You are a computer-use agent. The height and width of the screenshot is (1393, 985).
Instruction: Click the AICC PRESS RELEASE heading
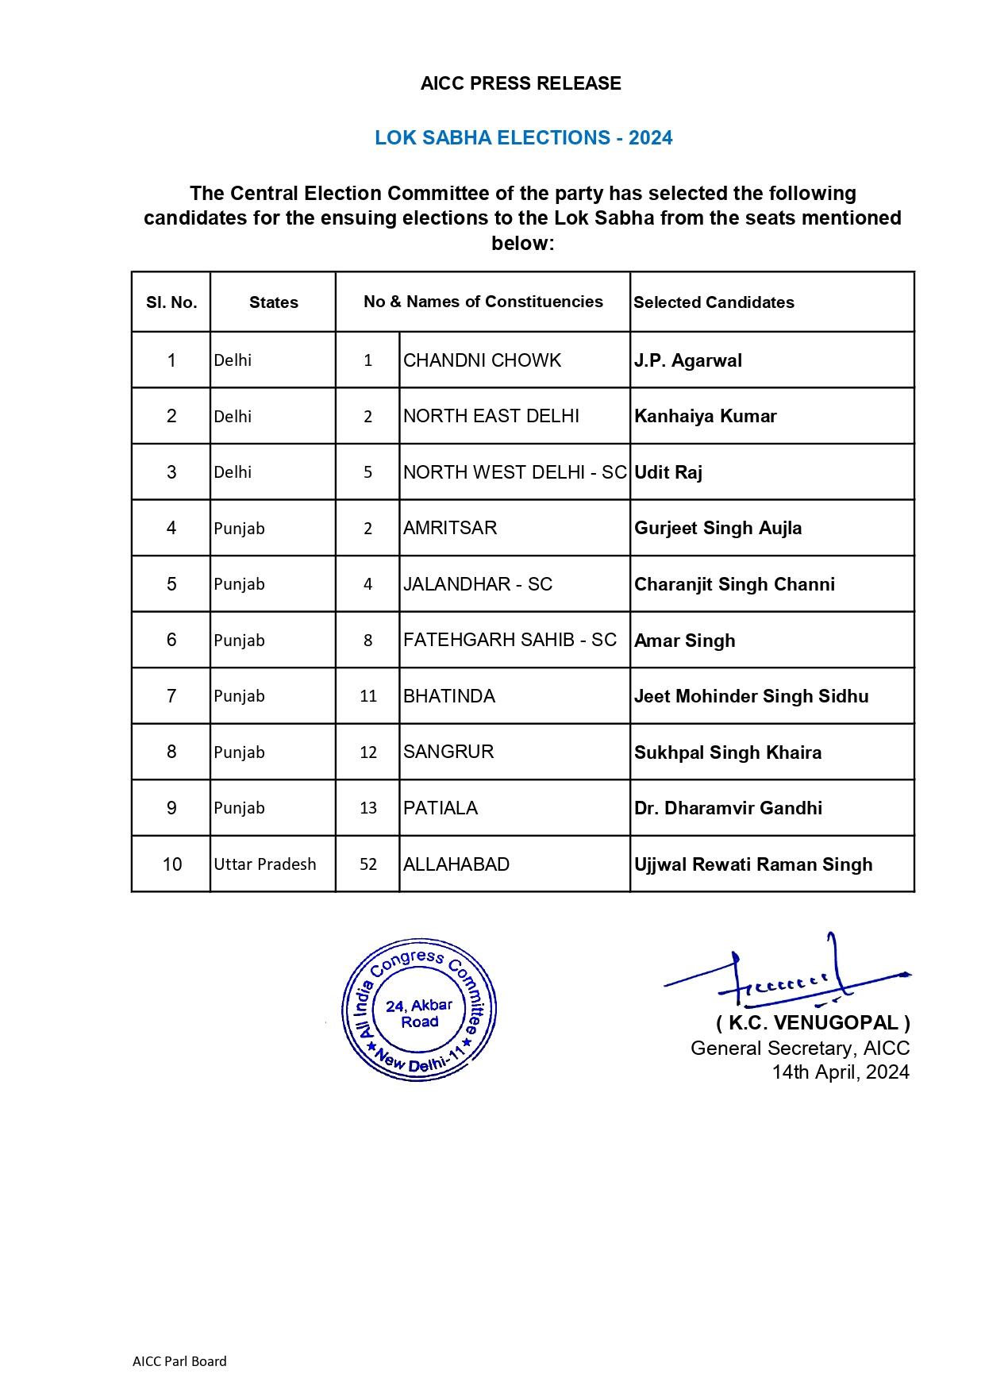(521, 83)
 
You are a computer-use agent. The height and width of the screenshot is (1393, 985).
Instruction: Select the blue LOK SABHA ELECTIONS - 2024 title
(523, 138)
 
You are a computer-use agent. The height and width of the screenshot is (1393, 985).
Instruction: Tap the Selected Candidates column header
(714, 302)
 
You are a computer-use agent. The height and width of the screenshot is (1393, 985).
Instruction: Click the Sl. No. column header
(171, 302)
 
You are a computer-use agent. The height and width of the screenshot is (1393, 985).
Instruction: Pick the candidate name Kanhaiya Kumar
(705, 417)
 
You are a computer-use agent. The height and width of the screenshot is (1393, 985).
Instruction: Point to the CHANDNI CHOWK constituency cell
(482, 360)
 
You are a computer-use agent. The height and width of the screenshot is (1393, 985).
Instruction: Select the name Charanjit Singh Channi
(734, 585)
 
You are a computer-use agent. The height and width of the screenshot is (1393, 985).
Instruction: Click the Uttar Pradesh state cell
(264, 864)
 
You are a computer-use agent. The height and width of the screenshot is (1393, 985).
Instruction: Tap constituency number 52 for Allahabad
(367, 864)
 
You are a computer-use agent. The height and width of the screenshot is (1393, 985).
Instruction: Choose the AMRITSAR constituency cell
(450, 529)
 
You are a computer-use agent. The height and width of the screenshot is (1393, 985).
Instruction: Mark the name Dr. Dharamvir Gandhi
(728, 808)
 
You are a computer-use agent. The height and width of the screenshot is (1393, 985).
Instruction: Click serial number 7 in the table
(171, 696)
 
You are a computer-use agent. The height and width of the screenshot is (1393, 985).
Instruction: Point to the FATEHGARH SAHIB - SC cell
(510, 641)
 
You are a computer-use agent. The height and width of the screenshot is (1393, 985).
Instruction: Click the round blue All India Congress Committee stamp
(419, 1010)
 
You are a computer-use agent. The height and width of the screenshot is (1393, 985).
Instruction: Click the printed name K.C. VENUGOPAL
(813, 1022)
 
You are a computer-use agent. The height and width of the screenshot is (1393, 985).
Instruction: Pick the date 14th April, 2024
(841, 1072)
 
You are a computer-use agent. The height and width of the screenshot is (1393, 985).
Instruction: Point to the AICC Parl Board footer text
(179, 1361)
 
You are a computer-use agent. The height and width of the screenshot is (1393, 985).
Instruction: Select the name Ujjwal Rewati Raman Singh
(753, 864)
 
